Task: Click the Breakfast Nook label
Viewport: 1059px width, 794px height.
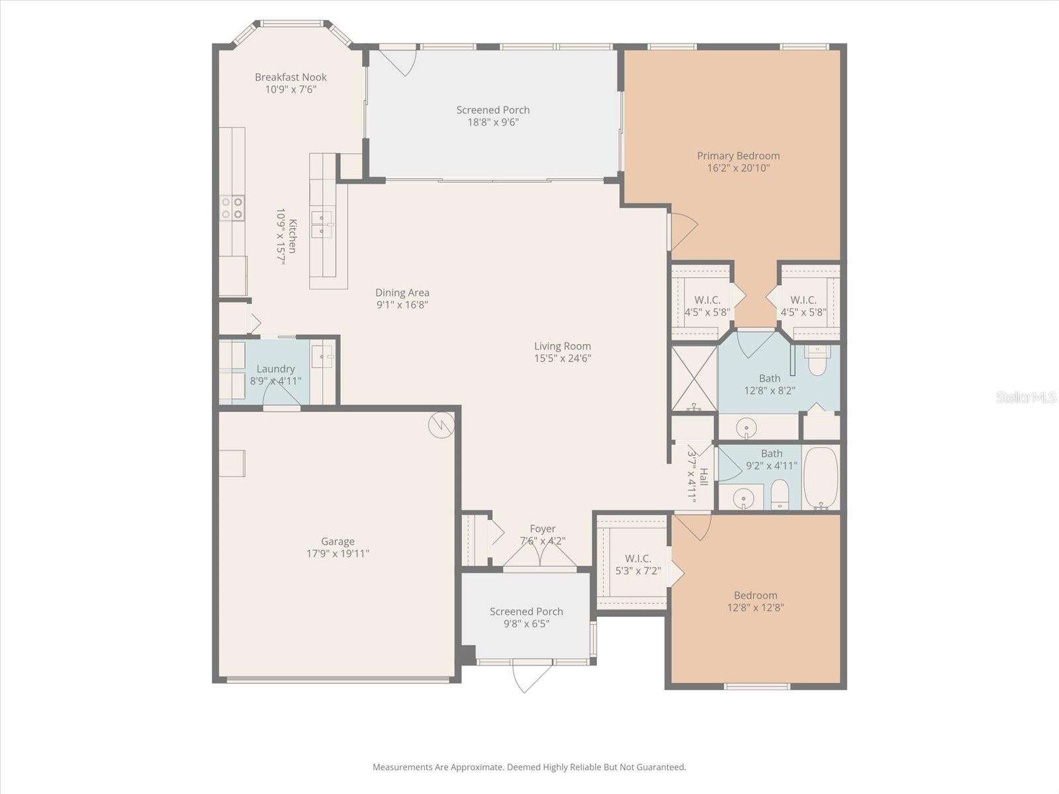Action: pos(291,77)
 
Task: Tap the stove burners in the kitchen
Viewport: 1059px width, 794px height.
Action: pos(232,208)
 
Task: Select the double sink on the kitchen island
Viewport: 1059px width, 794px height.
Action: pos(322,224)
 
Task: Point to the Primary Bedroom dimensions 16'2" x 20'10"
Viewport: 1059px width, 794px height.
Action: pos(738,168)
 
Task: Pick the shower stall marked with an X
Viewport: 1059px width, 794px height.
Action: pos(694,378)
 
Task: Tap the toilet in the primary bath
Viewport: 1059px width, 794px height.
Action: pos(817,361)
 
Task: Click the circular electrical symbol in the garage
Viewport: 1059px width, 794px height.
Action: pos(441,425)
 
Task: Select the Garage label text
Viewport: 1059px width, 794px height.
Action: pos(338,541)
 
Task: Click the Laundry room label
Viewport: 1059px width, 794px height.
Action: pos(275,369)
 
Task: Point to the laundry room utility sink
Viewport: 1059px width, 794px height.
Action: pos(323,356)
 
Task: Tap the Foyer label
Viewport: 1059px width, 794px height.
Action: pos(542,529)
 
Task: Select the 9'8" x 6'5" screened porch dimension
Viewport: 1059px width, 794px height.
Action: pos(526,624)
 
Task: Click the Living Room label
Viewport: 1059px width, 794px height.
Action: pos(563,346)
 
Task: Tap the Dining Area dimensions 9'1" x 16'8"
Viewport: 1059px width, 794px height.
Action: pos(402,305)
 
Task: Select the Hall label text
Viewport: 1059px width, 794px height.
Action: pos(704,476)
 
